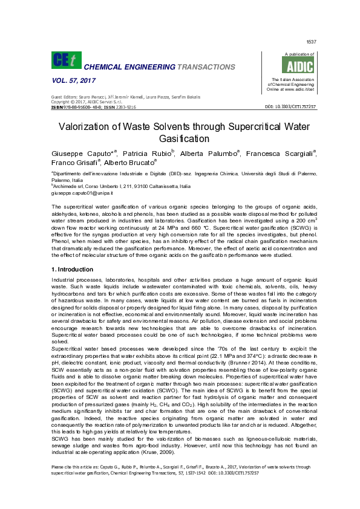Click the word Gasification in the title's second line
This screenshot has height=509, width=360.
pos(180,138)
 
